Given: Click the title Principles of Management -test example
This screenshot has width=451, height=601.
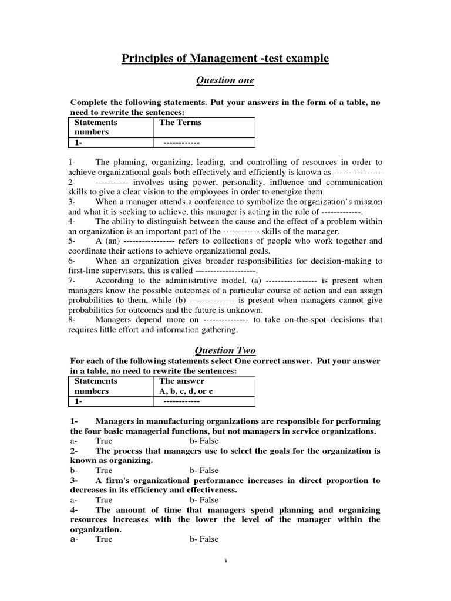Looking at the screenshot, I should (225, 58).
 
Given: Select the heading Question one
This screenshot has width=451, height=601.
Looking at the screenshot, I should (225, 80).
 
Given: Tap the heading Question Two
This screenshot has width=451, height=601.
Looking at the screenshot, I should (225, 350).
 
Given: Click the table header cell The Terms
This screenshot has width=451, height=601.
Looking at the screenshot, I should (180, 122).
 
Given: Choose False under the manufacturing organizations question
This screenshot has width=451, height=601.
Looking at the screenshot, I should (204, 441).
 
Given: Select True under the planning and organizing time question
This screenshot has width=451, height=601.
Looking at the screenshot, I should (103, 539).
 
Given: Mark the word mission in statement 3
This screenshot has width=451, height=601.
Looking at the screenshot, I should (368, 201).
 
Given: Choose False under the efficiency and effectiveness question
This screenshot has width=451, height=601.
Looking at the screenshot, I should (204, 500).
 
